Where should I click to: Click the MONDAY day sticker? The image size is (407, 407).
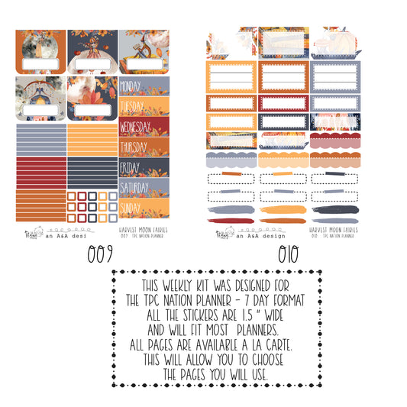pyautogui.click(x=134, y=86)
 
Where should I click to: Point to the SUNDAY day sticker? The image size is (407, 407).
pyautogui.click(x=132, y=207)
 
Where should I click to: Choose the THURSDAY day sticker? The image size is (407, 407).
pyautogui.click(x=134, y=147)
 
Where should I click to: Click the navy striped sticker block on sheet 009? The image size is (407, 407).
pyautogui.click(x=92, y=170)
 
